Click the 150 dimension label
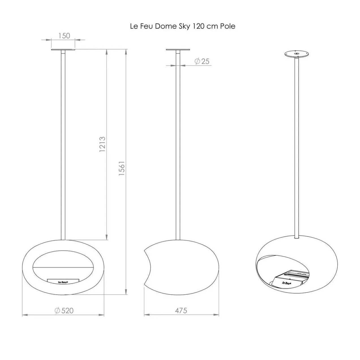tap(64, 36)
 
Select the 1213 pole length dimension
tap(102, 144)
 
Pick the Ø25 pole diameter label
tap(202, 61)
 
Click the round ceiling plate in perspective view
tap(297, 54)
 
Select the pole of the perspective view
tap(297, 147)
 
